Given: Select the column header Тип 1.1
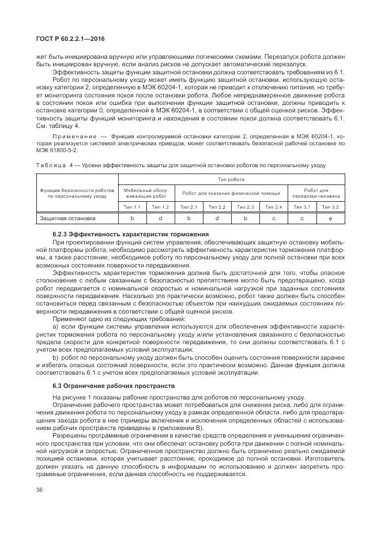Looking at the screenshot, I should click(132, 207).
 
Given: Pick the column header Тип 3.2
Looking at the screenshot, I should click(330, 207).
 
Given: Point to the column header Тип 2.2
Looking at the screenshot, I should click(217, 207).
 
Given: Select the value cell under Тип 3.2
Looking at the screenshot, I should click(330, 218).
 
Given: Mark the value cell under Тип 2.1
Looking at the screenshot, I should click(188, 218).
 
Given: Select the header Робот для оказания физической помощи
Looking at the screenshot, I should click(231, 193).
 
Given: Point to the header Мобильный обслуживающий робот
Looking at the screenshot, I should click(146, 193).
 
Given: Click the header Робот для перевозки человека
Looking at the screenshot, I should click(316, 193).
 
